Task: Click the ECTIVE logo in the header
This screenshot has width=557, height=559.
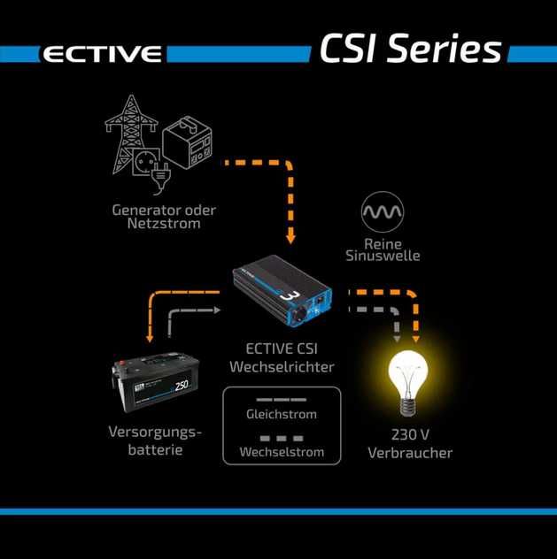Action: tap(103, 54)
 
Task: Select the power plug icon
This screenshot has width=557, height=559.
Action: tap(160, 175)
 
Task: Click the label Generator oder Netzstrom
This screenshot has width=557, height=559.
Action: tap(165, 218)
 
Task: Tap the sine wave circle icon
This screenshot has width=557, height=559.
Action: tap(382, 211)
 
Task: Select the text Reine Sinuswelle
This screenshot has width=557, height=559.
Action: tap(382, 249)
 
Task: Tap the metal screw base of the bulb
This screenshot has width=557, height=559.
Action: tap(409, 407)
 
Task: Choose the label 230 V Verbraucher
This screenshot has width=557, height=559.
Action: tap(409, 443)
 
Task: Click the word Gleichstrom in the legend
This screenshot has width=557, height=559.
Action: tap(281, 414)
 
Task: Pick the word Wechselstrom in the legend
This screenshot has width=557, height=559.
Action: tap(281, 452)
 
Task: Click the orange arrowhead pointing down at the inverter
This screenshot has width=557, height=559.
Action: tap(290, 238)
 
